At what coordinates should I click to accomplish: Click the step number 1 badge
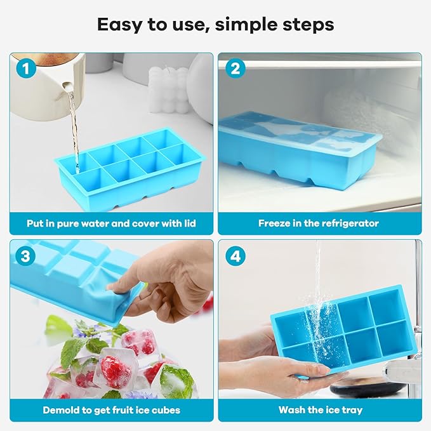pyautogui.click(x=26, y=69)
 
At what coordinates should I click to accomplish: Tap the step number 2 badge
pyautogui.click(x=235, y=69)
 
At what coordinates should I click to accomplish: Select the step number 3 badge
pyautogui.click(x=26, y=256)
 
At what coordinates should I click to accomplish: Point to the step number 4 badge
pyautogui.click(x=235, y=256)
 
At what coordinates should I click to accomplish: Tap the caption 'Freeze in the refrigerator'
pyautogui.click(x=318, y=223)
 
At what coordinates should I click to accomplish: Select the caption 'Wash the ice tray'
pyautogui.click(x=318, y=410)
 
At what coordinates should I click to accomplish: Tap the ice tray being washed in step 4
pyautogui.click(x=346, y=327)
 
